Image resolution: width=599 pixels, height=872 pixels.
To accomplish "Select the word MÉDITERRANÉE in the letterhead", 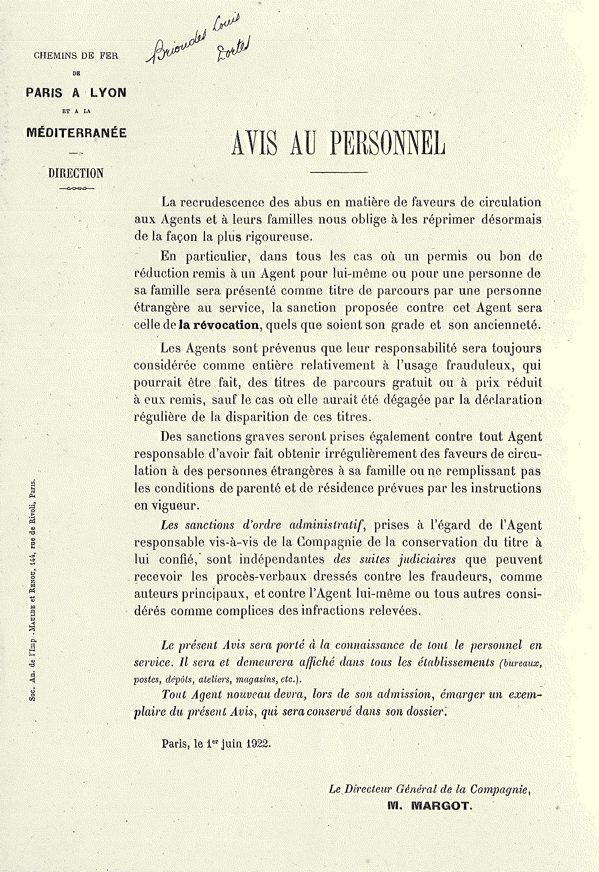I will point(77,133).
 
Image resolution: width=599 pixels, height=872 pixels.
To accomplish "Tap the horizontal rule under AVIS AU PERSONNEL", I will point(339,173).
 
